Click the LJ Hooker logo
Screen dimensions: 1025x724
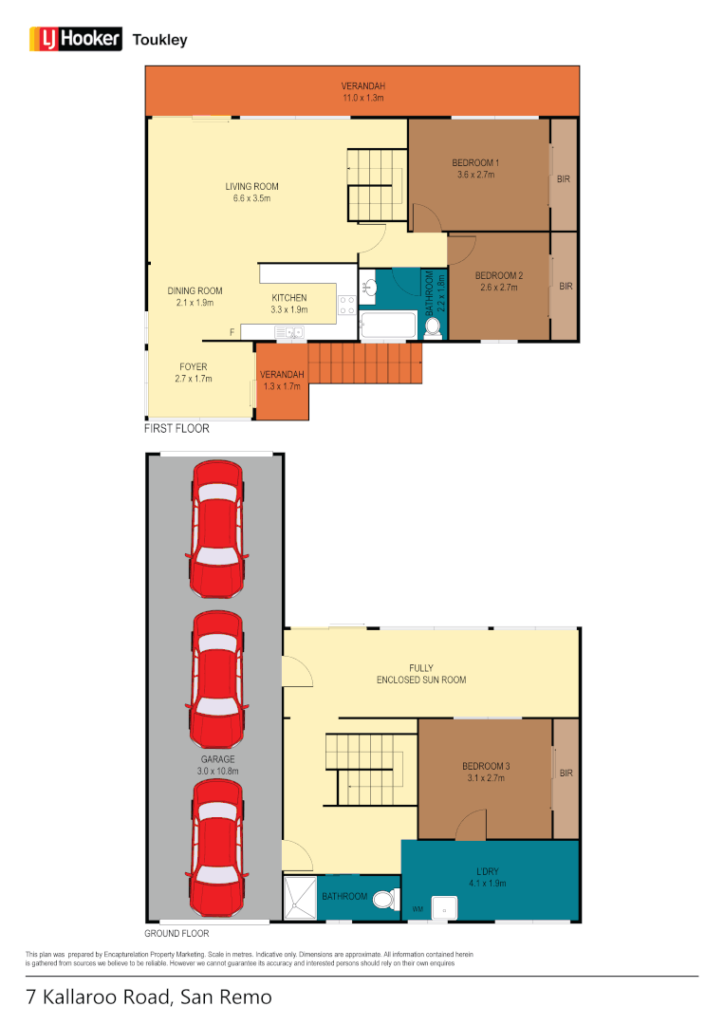click(x=76, y=39)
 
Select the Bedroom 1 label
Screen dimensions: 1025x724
click(x=475, y=168)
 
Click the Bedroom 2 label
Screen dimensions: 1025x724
click(x=500, y=281)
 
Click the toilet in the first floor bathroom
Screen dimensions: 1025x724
click(x=433, y=327)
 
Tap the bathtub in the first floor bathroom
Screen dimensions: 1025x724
click(x=388, y=328)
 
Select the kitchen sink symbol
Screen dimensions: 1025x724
click(x=288, y=332)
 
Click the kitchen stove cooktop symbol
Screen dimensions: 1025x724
click(x=346, y=305)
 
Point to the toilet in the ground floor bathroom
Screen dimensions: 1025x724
click(x=385, y=898)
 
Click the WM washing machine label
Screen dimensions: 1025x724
click(x=417, y=909)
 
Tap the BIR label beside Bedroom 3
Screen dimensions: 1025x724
click(x=566, y=773)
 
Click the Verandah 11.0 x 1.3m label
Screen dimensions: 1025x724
click(x=363, y=91)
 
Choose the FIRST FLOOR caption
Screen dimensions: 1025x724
click(x=176, y=429)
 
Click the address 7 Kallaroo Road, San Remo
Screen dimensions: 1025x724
click(x=149, y=997)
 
